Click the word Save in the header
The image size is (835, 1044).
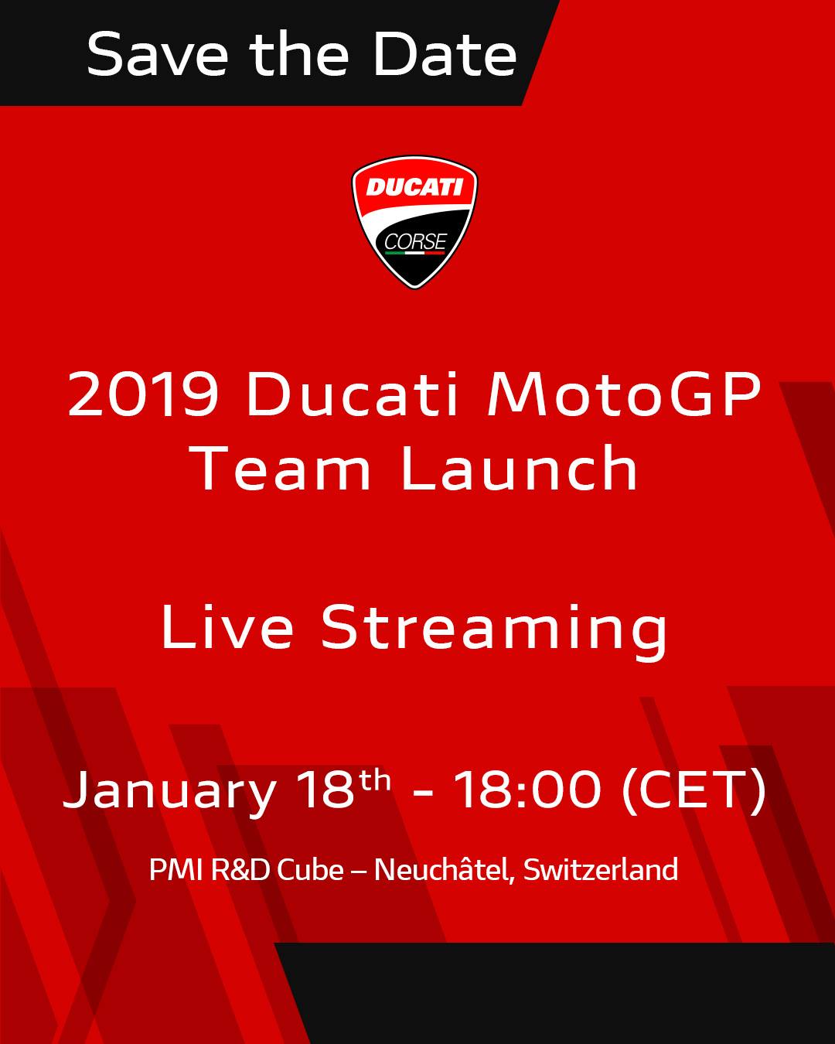158,54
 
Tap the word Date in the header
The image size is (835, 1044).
445,54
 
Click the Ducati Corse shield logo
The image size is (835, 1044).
414,222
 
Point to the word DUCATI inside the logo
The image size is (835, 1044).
414,187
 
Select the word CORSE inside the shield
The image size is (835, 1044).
415,241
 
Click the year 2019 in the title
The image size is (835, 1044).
143,394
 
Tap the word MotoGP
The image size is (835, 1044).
623,394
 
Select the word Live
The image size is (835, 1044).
227,626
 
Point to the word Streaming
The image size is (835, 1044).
495,631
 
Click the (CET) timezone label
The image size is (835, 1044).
694,790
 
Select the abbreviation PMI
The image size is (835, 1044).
176,869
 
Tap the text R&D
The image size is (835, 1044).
240,869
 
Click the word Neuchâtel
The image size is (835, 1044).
445,868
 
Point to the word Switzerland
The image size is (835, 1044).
601,869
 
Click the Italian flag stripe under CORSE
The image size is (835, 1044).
415,253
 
